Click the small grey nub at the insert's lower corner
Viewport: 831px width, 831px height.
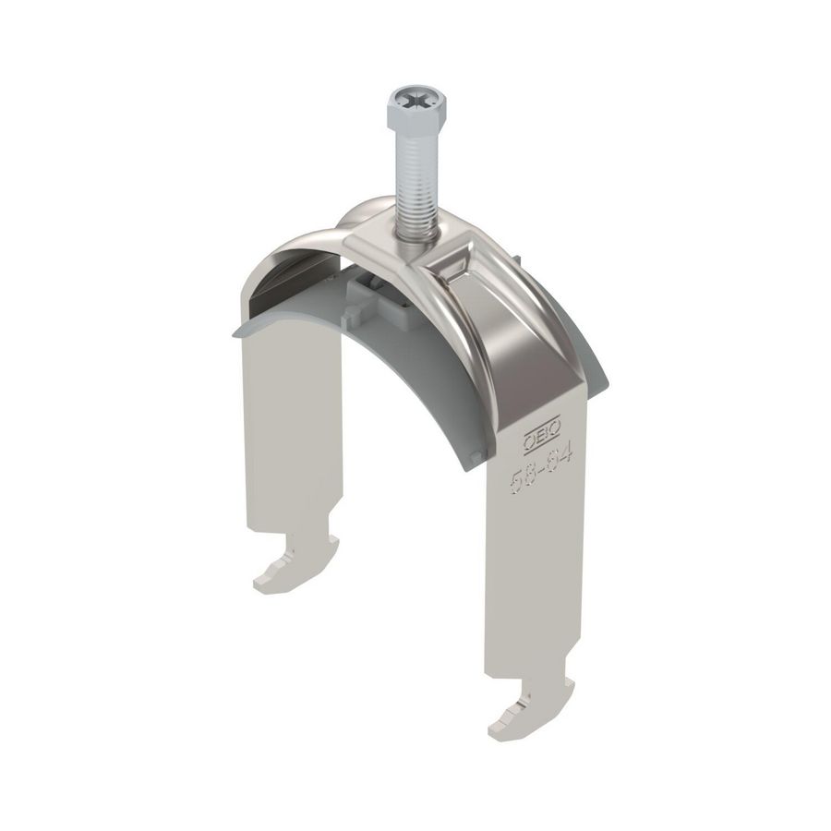pyautogui.click(x=475, y=459)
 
